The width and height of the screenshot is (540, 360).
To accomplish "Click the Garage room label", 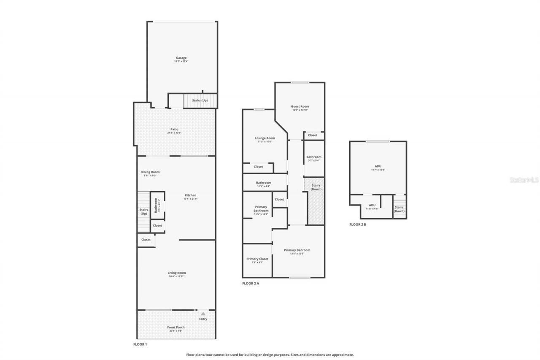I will coord(181,58).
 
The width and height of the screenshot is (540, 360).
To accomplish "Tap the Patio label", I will coord(174,129).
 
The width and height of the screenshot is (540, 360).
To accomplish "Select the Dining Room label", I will coord(150,172).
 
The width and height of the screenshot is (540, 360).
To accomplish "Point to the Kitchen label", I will coord(190,195).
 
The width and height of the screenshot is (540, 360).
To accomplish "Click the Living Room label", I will coord(176,273).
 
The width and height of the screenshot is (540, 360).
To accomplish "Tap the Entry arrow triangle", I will coord(203,314).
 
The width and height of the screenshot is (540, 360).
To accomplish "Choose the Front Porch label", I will coord(176,327).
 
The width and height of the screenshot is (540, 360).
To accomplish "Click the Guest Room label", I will coord(300,106).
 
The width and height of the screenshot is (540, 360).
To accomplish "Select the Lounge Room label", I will coord(265,138).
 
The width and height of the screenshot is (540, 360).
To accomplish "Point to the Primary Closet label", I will coord(257,259).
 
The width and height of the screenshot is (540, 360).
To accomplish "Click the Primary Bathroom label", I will coord(261,208).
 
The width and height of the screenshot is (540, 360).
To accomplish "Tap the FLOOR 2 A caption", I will coord(251,283).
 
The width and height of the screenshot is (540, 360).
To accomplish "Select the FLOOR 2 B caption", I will coord(358,225).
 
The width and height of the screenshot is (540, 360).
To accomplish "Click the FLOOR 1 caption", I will coord(140,344).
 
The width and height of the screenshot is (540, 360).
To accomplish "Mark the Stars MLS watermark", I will coord(524,180).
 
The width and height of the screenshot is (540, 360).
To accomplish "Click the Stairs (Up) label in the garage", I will coord(200,100).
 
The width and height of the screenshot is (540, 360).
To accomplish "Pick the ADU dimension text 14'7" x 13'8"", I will coord(378,170).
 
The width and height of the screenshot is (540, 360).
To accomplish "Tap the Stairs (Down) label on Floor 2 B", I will coord(399,209).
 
